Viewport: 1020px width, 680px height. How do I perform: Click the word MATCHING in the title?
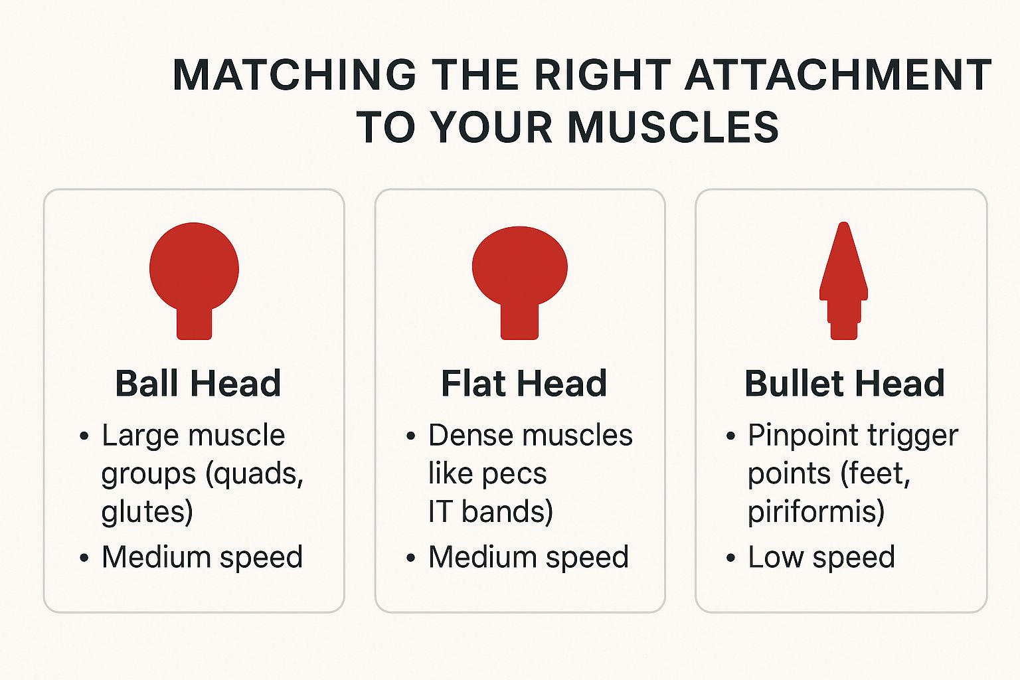[x=295, y=74]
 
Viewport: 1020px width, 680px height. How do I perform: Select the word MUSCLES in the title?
[x=673, y=127]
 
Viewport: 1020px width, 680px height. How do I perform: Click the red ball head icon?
[x=194, y=280]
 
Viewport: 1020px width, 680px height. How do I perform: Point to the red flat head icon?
[x=519, y=282]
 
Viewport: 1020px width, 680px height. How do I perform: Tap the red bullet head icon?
[x=844, y=280]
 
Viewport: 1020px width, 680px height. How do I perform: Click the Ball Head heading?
[x=198, y=384]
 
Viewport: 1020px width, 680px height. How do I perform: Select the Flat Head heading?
[x=524, y=384]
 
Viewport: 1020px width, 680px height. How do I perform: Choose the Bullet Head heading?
[x=845, y=384]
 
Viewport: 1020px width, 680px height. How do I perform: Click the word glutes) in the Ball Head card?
[x=147, y=512]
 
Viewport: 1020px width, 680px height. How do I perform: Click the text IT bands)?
[x=491, y=511]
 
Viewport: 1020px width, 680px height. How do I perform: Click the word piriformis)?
[x=816, y=512]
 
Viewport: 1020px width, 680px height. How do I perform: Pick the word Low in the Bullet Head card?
[x=776, y=557]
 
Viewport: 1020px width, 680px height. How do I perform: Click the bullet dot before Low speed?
[x=731, y=558]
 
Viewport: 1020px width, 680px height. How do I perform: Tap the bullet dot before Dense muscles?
[x=411, y=436]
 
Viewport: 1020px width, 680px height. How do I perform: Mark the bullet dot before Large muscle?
[x=84, y=436]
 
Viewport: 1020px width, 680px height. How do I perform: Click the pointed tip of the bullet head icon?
[x=844, y=222]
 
